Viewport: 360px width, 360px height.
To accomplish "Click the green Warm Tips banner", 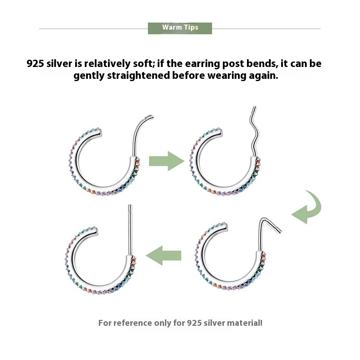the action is click(x=180, y=28).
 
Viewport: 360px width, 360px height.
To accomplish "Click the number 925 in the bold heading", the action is click(x=35, y=64).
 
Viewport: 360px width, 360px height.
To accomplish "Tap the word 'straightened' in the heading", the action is click(x=139, y=76).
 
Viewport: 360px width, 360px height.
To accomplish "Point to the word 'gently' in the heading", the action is click(x=89, y=76).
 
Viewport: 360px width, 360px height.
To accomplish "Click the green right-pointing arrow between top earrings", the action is click(x=166, y=161).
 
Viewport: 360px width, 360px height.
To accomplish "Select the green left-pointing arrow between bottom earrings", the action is click(x=164, y=255).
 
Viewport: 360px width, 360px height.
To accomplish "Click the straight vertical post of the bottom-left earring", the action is click(x=130, y=230).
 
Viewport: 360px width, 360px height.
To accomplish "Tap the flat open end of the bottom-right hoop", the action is click(x=226, y=227).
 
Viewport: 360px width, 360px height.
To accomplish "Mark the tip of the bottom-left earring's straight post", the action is click(x=130, y=205).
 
